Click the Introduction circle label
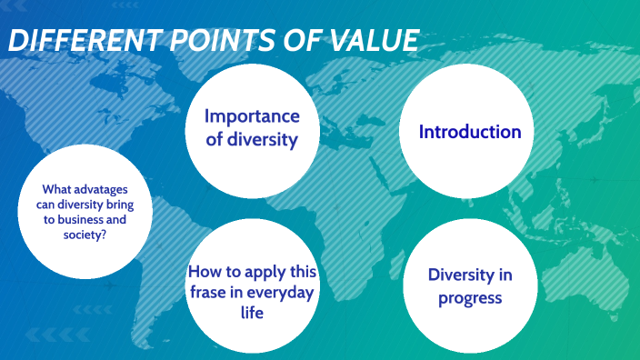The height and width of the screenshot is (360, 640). coord(470,132)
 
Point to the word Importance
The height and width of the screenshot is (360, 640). coord(252,116)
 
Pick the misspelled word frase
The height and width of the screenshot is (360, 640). coord(207,292)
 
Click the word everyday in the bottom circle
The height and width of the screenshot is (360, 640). coord(281,292)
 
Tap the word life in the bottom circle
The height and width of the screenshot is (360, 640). coord(252,313)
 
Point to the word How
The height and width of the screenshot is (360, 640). coord(204,271)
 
